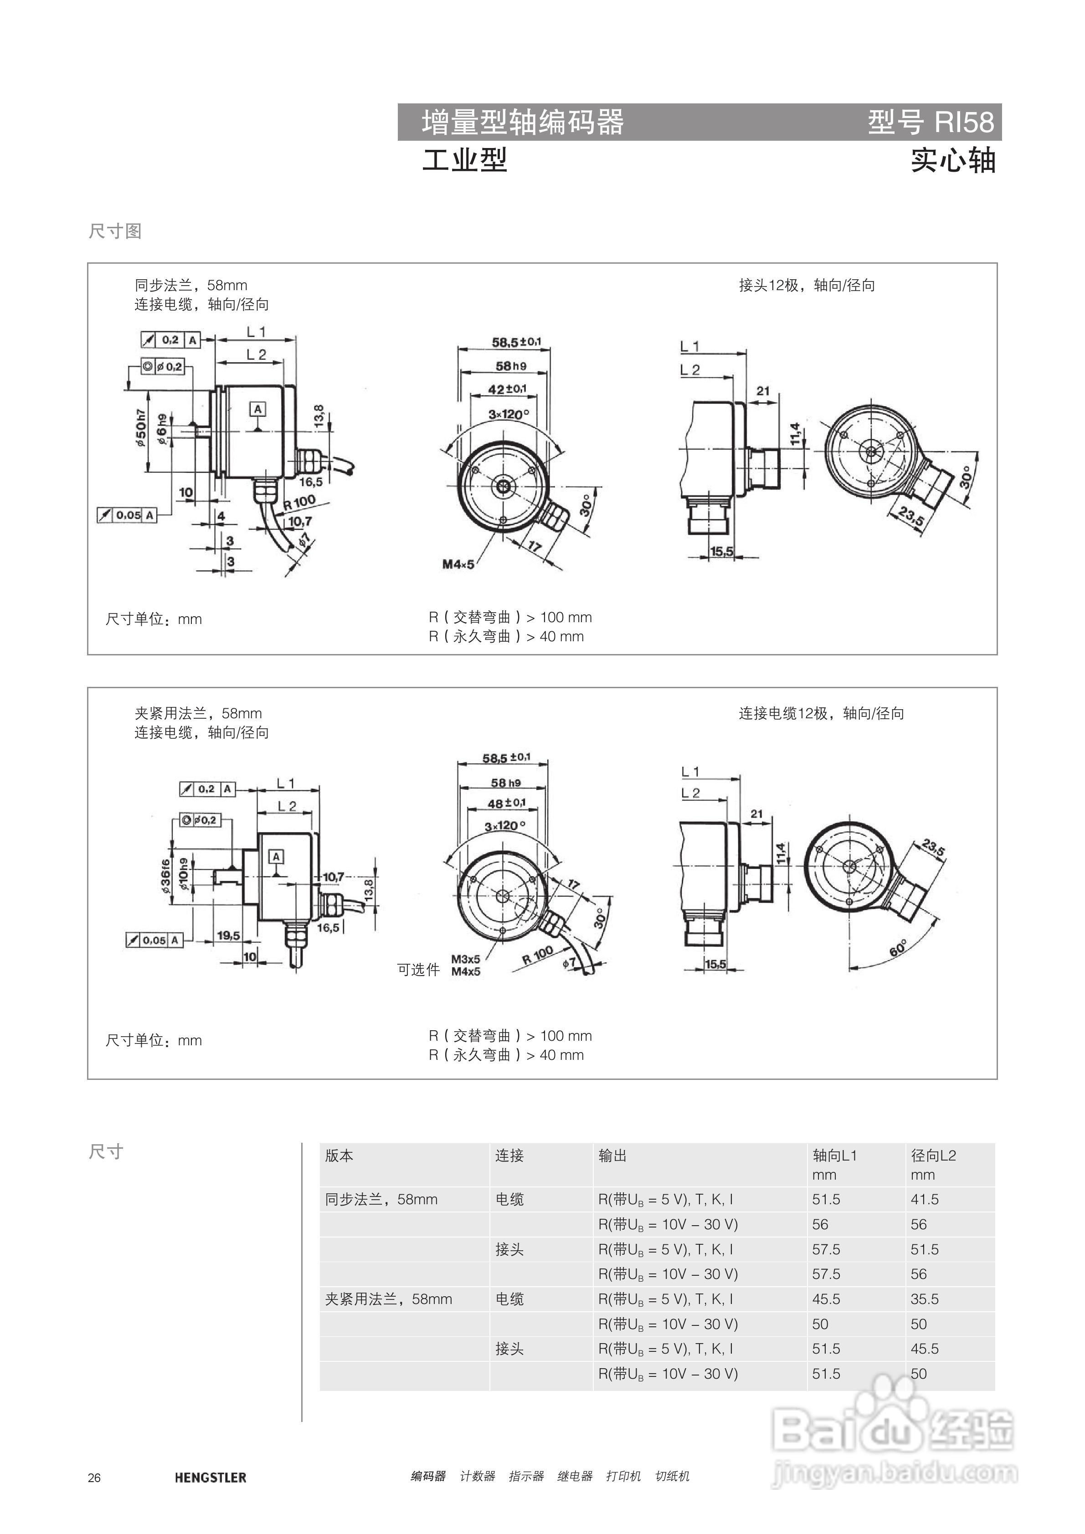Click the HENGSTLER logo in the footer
point(210,1477)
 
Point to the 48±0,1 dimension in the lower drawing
point(506,803)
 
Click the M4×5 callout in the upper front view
point(458,565)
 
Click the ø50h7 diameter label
point(141,428)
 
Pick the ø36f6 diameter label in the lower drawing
point(165,876)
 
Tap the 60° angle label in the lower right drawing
point(898,948)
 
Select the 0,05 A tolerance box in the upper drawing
point(127,515)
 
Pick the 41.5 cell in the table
point(925,1199)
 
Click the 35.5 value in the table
point(925,1299)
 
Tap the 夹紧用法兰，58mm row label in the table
point(388,1299)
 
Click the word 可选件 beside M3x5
point(418,969)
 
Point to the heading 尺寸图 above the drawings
point(115,231)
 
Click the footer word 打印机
point(623,1476)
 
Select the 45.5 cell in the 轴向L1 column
point(826,1299)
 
